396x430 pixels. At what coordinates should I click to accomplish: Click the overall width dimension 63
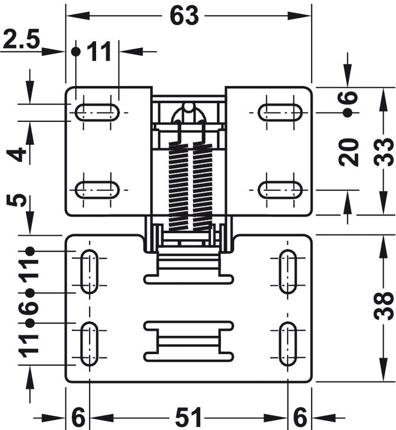(x=184, y=16)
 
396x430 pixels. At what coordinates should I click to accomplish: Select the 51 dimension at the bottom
(x=188, y=418)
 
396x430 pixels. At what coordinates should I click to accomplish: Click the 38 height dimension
(x=384, y=306)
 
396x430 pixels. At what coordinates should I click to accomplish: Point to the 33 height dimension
(x=384, y=152)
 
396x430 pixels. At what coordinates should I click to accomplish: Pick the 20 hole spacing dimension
(x=348, y=152)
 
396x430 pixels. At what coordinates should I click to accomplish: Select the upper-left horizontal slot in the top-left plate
(x=97, y=113)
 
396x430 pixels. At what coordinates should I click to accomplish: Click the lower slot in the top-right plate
(x=280, y=190)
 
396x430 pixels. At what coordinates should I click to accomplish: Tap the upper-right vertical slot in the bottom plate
(x=288, y=272)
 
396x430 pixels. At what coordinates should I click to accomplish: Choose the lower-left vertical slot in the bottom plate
(x=90, y=343)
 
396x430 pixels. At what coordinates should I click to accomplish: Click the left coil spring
(x=179, y=186)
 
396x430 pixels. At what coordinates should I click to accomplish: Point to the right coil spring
(x=203, y=186)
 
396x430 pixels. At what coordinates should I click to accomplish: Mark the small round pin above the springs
(x=188, y=107)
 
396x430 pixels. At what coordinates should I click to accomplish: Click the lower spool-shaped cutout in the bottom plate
(x=189, y=341)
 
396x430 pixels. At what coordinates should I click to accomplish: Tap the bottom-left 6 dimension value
(x=78, y=418)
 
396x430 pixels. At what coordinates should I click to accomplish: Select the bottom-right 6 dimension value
(x=300, y=418)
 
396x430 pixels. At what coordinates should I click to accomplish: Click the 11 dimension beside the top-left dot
(x=100, y=51)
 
